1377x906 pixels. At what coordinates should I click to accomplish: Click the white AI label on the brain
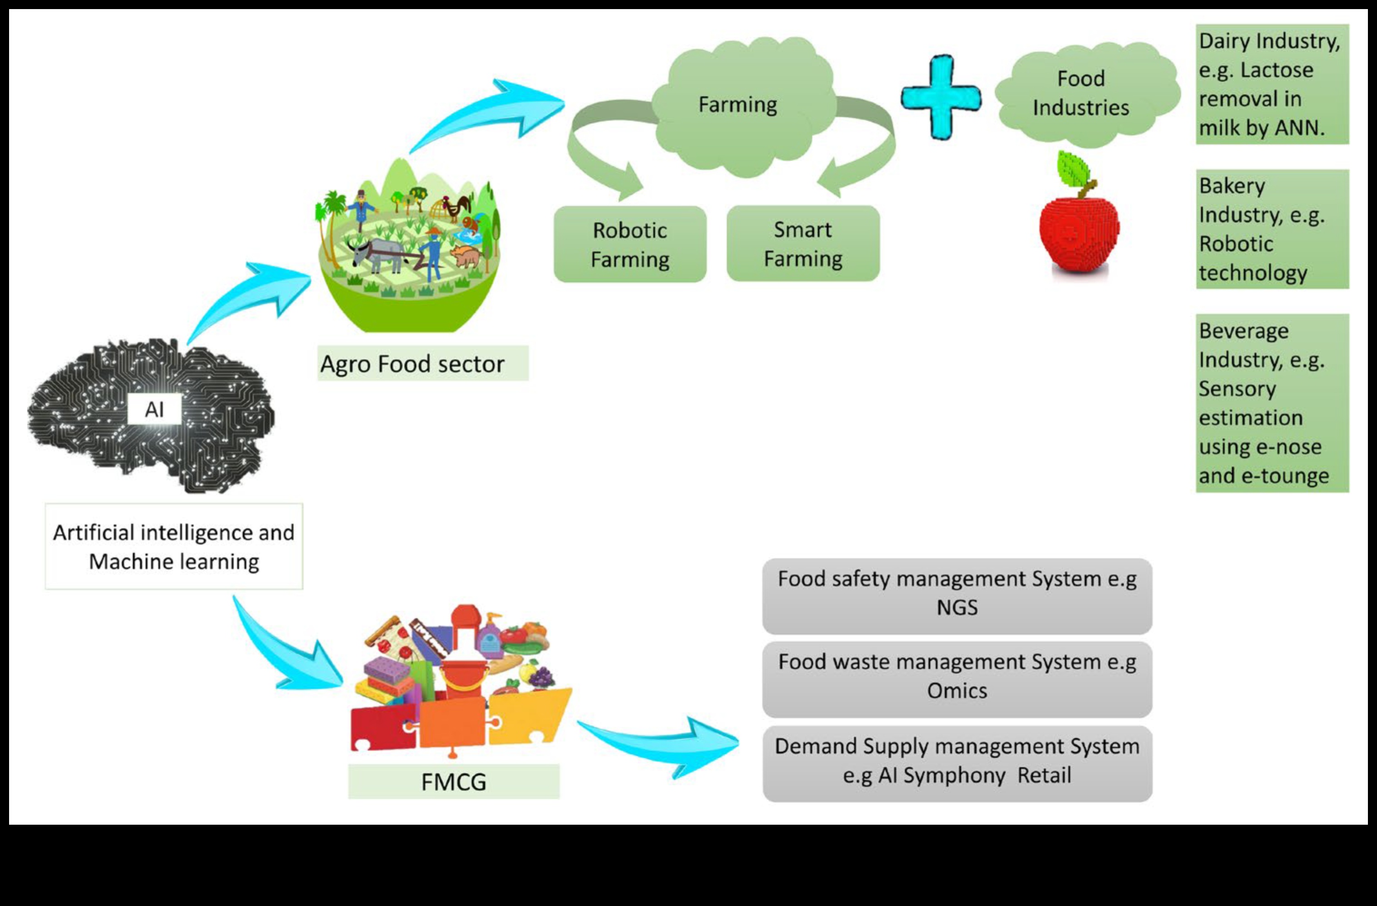click(x=154, y=409)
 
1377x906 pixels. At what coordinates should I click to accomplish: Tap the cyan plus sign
click(x=941, y=97)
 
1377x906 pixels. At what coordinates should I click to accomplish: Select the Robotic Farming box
click(x=630, y=245)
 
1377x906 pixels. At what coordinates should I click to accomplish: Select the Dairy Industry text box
click(x=1272, y=84)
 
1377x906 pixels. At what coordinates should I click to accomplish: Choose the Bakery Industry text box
click(x=1272, y=229)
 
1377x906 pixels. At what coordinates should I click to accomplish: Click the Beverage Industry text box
click(x=1272, y=403)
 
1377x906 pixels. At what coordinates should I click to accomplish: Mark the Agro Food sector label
click(x=422, y=364)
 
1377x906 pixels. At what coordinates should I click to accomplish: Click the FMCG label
click(x=454, y=782)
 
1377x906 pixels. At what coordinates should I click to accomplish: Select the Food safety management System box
click(x=957, y=595)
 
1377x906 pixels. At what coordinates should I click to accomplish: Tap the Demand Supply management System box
click(x=957, y=763)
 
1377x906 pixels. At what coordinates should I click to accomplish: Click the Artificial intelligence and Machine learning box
click(x=173, y=547)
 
